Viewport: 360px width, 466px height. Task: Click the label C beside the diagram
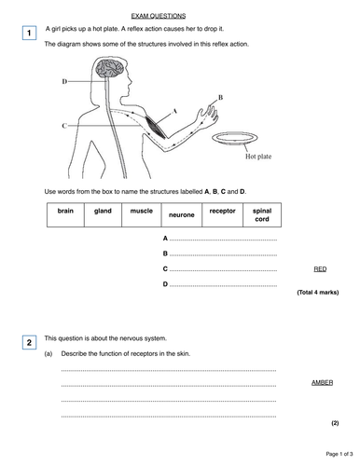tap(64, 125)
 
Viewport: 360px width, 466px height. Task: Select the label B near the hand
tap(220, 96)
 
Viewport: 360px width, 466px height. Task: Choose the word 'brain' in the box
tap(64, 211)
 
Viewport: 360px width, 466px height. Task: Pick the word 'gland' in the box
tap(104, 211)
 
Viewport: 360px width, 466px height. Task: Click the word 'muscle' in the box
tap(142, 211)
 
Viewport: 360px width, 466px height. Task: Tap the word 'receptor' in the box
tap(223, 211)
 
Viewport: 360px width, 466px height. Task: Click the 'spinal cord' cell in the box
tap(262, 214)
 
